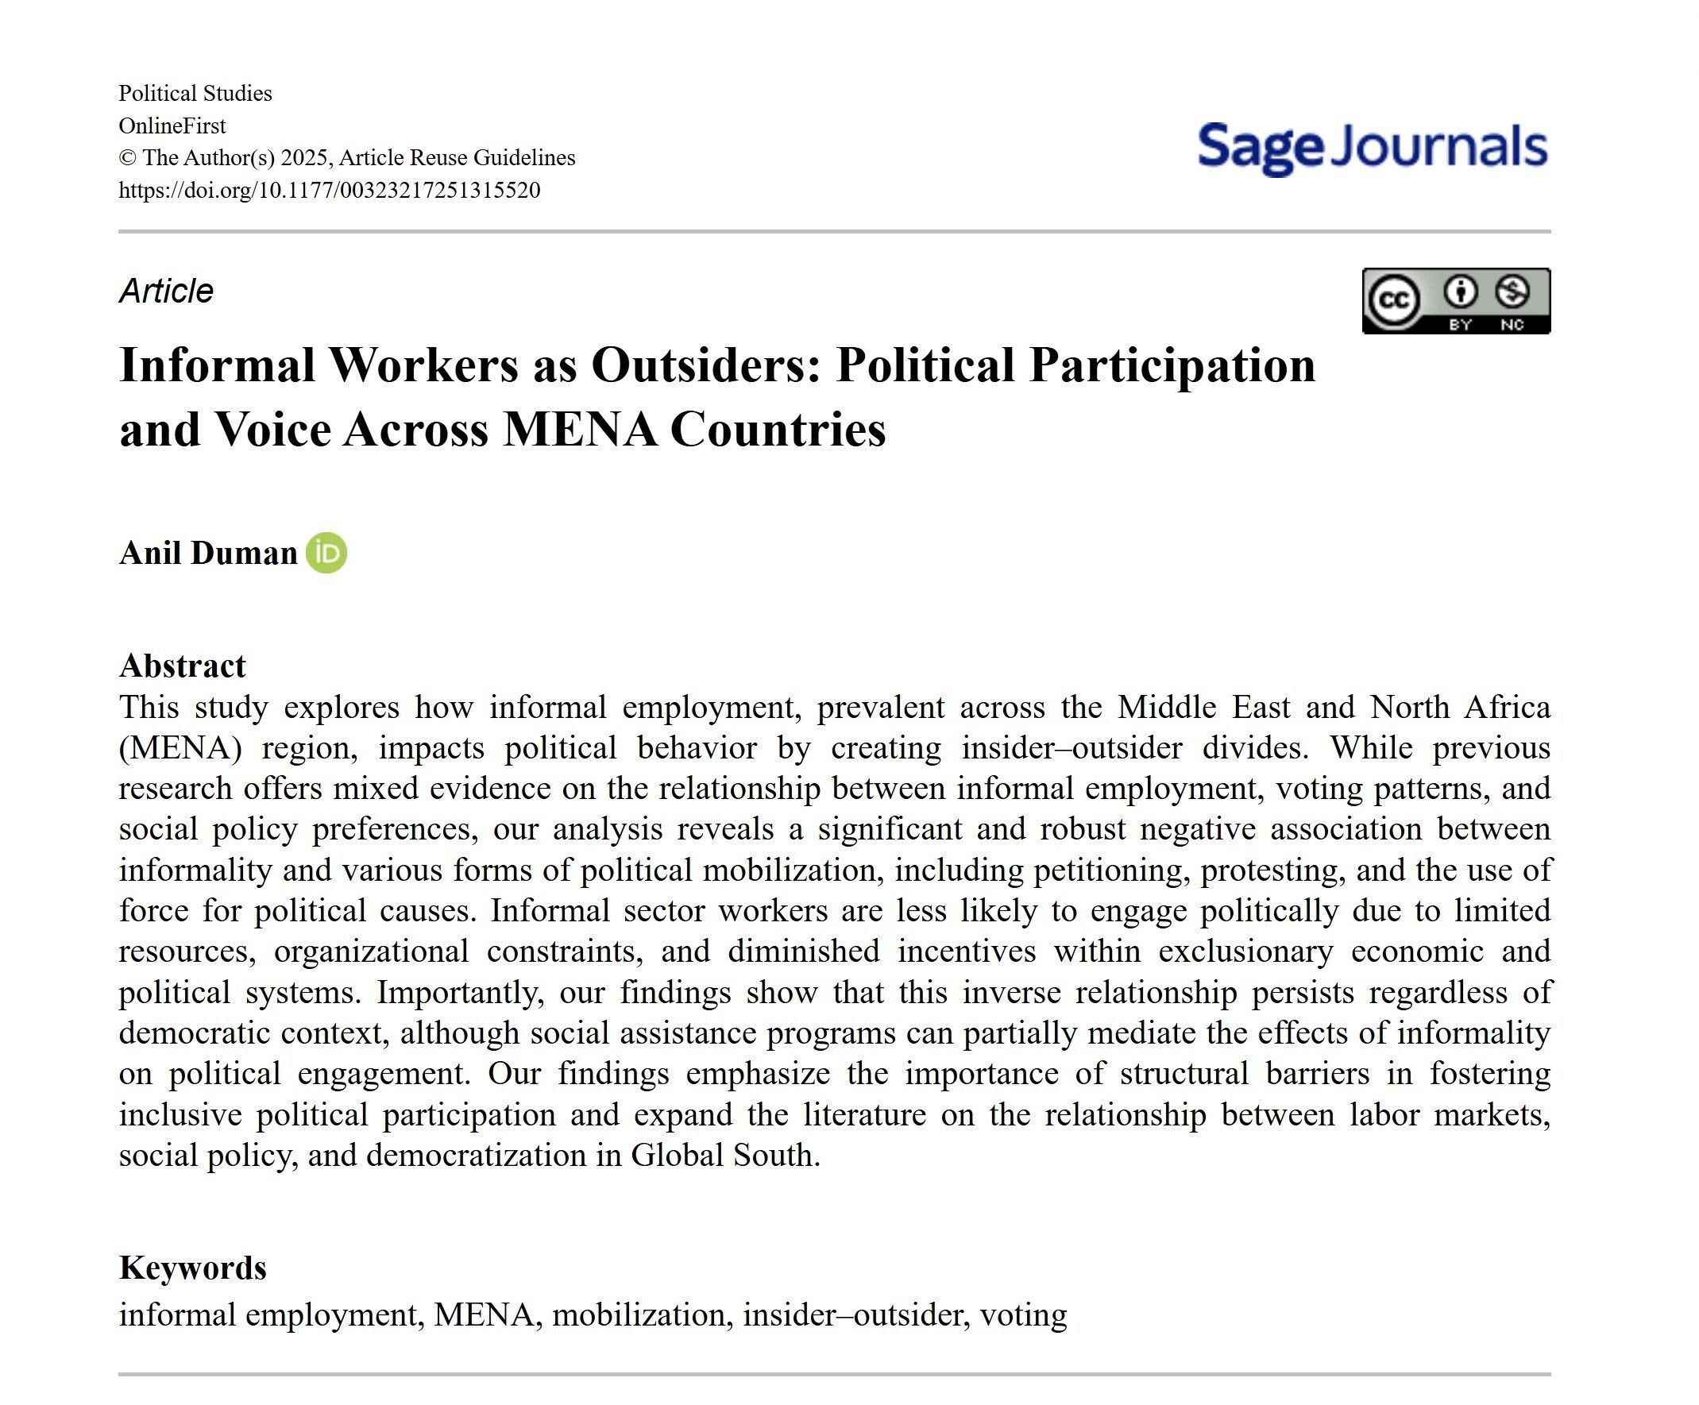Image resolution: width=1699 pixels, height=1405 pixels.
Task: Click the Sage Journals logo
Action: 1372,147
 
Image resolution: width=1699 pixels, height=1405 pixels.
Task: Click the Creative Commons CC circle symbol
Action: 1393,300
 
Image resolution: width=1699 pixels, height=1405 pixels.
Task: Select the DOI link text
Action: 330,190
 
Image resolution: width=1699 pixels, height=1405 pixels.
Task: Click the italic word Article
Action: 166,291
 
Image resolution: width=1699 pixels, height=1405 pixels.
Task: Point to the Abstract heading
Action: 182,666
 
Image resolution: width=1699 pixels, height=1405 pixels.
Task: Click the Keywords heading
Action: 192,1268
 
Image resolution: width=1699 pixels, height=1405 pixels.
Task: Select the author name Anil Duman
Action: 208,554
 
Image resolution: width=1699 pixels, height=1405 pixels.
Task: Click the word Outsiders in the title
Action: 706,365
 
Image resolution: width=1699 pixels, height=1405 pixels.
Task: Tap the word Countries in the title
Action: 778,429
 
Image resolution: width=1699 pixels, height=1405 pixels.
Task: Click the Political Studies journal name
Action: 195,93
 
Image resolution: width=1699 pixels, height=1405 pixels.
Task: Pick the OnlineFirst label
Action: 172,125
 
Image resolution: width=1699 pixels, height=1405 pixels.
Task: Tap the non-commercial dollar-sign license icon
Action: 1512,292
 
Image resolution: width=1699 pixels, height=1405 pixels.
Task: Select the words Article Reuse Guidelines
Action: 457,158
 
